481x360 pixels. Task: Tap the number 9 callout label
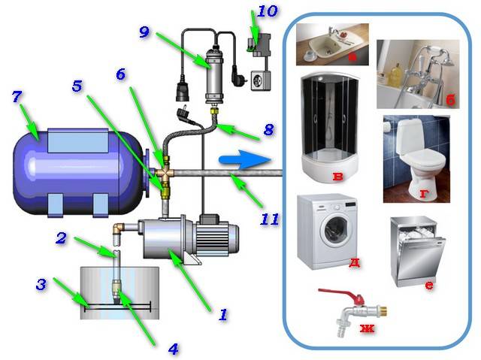pyautogui.click(x=146, y=32)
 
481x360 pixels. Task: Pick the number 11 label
pyautogui.click(x=269, y=219)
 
